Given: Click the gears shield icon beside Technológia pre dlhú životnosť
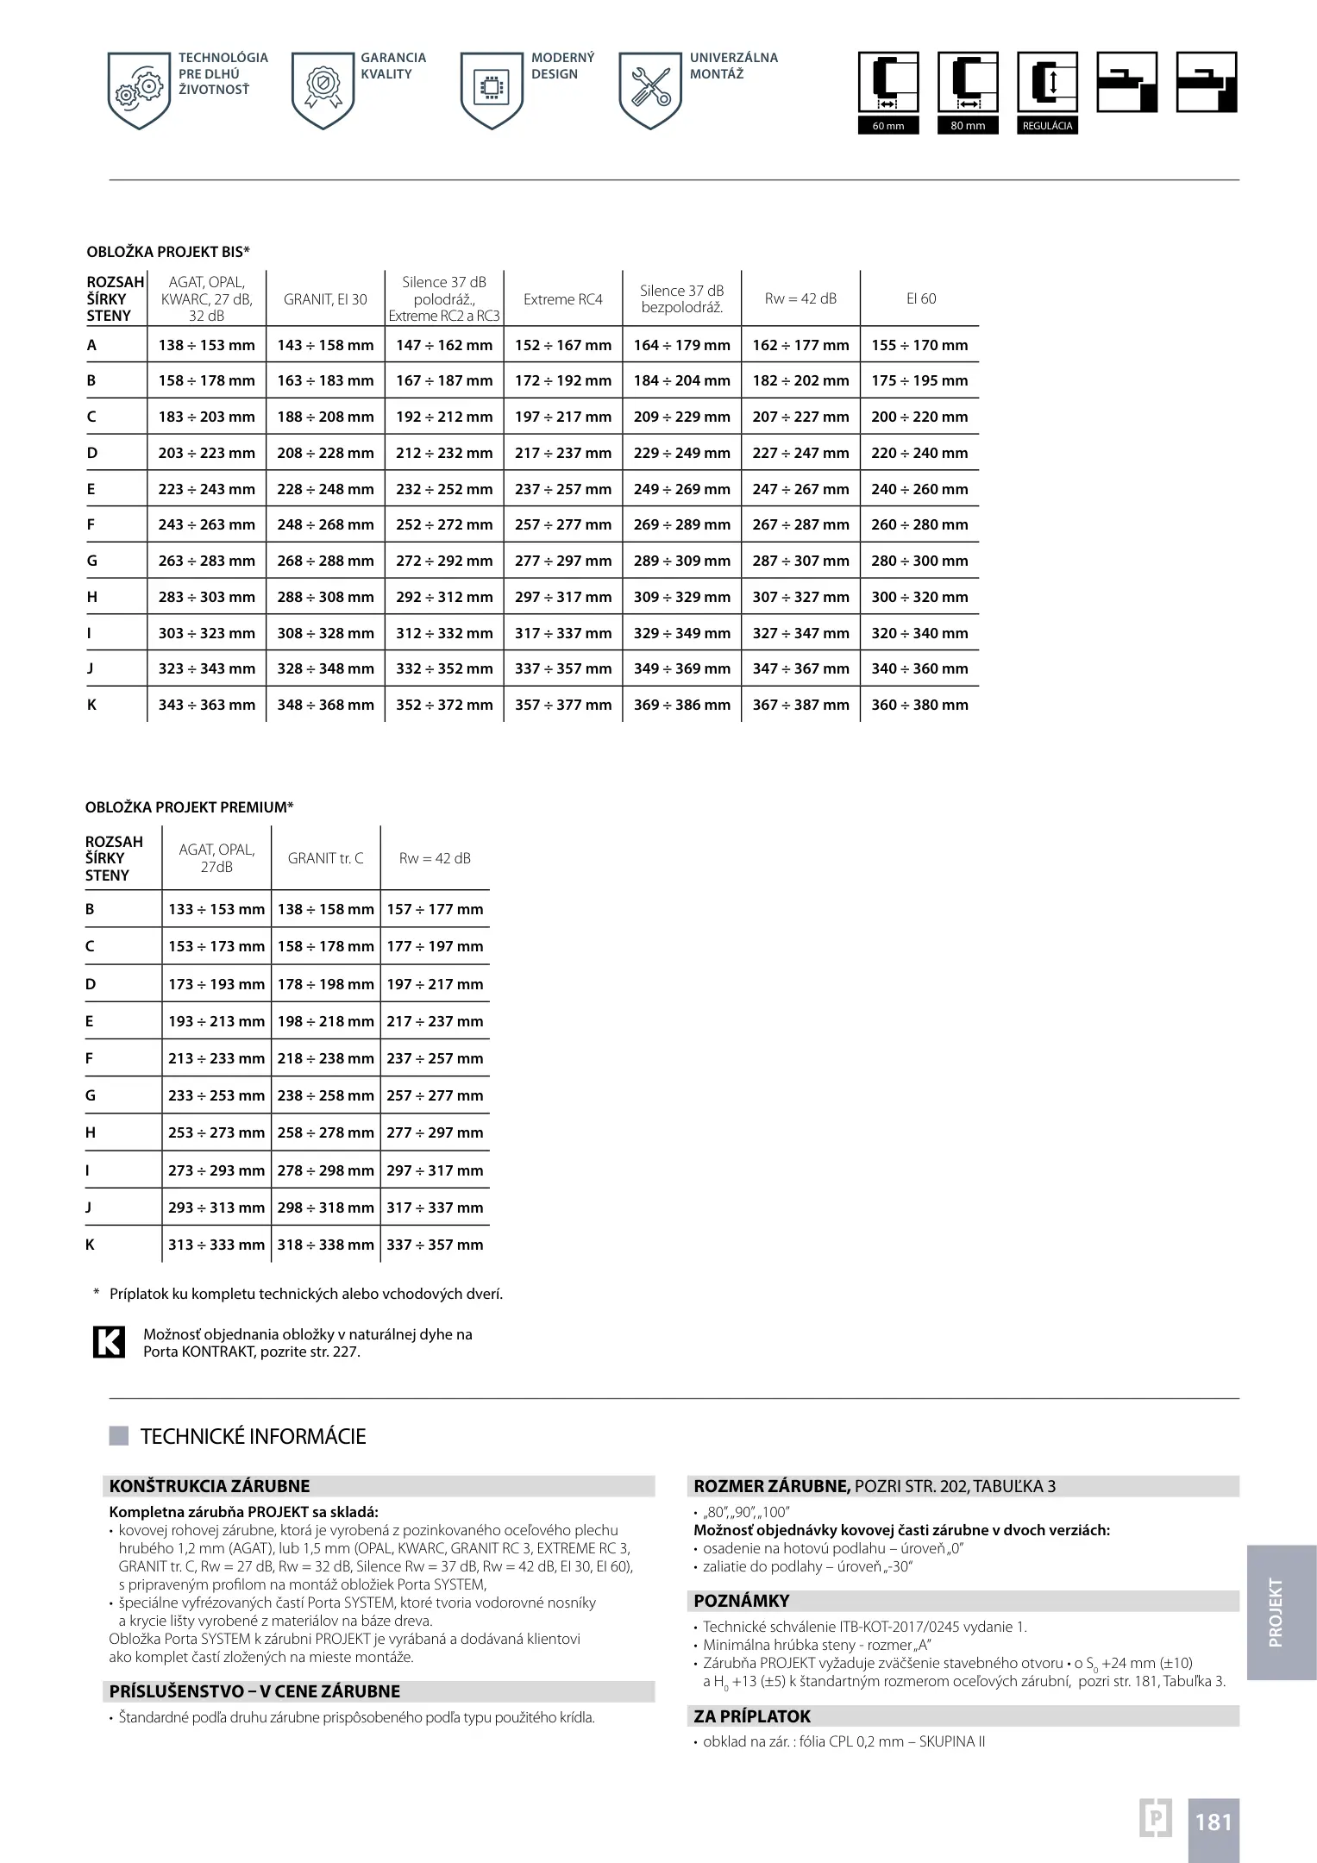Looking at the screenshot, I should pyautogui.click(x=139, y=90).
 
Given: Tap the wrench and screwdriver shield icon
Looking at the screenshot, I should pyautogui.click(x=650, y=90).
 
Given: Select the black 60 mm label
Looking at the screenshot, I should pyautogui.click(x=888, y=126).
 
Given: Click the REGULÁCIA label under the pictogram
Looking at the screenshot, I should pyautogui.click(x=1047, y=126).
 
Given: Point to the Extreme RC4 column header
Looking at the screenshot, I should pyautogui.click(x=562, y=299).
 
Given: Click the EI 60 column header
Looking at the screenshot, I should pyautogui.click(x=920, y=299).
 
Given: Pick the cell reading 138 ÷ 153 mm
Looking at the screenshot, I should pyautogui.click(x=207, y=345).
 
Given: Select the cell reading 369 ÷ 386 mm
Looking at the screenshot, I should pyautogui.click(x=681, y=705).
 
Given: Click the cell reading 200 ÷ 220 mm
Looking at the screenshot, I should pyautogui.click(x=919, y=417).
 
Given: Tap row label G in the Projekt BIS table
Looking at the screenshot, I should pyautogui.click(x=91, y=561).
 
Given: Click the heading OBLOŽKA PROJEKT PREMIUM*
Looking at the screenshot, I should pyautogui.click(x=190, y=807).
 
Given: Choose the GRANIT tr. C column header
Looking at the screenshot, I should pyautogui.click(x=325, y=858).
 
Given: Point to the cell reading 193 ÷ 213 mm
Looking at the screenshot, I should pyautogui.click(x=216, y=1021).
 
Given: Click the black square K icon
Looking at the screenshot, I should pyautogui.click(x=109, y=1342).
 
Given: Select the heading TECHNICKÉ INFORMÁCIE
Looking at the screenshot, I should pyautogui.click(x=253, y=1436).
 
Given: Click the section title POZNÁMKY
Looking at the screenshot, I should pyautogui.click(x=742, y=1601).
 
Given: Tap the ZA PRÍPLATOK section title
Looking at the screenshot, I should pyautogui.click(x=752, y=1716).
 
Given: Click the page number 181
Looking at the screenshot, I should pyautogui.click(x=1214, y=1822).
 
